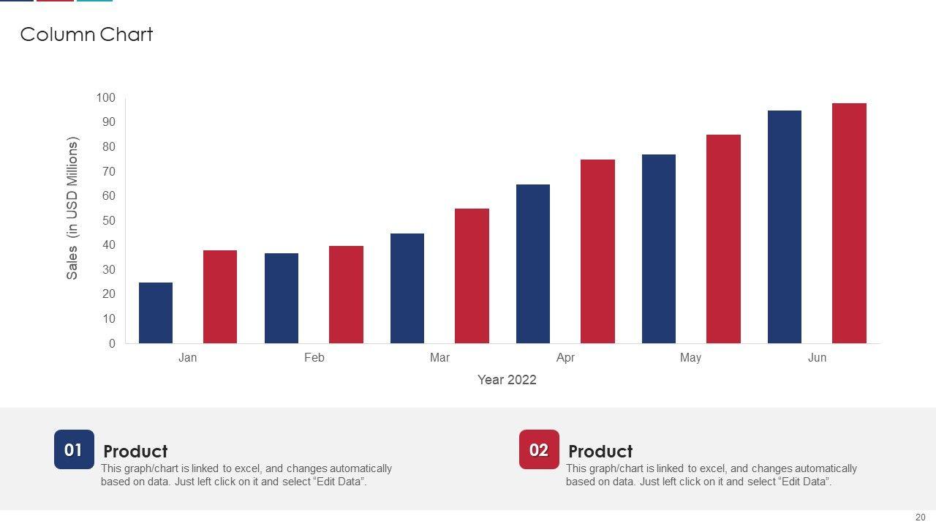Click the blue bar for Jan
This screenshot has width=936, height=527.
point(156,313)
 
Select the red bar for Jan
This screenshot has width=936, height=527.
point(220,296)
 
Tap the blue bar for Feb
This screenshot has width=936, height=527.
point(282,298)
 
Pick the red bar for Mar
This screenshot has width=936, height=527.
point(472,276)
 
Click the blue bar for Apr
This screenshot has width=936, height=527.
point(533,263)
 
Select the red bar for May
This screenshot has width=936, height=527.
point(723,239)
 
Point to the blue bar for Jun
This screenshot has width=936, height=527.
point(785,227)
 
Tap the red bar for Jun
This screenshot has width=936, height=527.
point(849,223)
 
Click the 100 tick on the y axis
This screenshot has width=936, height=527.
point(105,98)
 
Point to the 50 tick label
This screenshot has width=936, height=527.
point(108,221)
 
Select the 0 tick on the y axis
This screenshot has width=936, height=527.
point(112,344)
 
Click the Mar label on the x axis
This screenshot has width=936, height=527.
point(439,358)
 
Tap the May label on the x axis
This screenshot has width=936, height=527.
point(690,358)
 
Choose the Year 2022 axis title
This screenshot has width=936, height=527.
point(507,380)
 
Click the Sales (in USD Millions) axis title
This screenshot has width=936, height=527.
point(72,208)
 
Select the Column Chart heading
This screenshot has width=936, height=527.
point(86,34)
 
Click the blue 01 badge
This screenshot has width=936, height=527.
point(74,449)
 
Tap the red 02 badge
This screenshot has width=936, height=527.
point(539,449)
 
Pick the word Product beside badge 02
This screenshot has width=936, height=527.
point(600,452)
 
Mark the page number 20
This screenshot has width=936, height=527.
point(921,517)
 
